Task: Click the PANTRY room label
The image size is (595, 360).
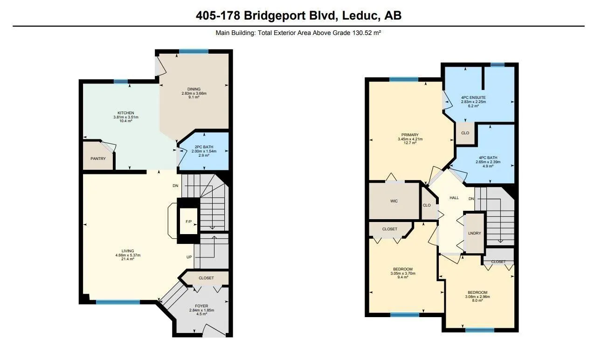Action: click(98, 159)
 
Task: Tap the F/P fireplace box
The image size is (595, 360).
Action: click(188, 221)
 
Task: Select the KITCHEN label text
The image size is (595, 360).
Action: click(126, 113)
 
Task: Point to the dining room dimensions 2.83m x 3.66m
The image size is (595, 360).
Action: click(194, 93)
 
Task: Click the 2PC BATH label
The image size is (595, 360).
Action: click(204, 147)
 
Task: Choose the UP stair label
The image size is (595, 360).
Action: click(189, 257)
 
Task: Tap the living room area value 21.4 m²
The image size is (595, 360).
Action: click(128, 259)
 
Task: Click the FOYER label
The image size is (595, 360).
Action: click(201, 306)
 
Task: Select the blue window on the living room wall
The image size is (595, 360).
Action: click(118, 302)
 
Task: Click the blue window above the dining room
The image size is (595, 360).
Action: click(194, 52)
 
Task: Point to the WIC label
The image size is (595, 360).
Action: click(394, 201)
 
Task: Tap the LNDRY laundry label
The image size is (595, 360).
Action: click(474, 233)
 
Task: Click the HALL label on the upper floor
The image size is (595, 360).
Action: click(454, 198)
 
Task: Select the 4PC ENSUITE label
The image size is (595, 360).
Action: click(473, 97)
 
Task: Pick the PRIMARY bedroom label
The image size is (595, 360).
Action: click(410, 135)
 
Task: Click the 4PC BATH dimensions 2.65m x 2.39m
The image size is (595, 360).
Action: click(488, 162)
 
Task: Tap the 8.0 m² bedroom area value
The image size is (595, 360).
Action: click(477, 300)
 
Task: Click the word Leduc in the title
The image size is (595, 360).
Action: click(360, 15)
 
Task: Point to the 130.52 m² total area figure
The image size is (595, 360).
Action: click(367, 33)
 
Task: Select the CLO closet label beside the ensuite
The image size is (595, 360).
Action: click(465, 133)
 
